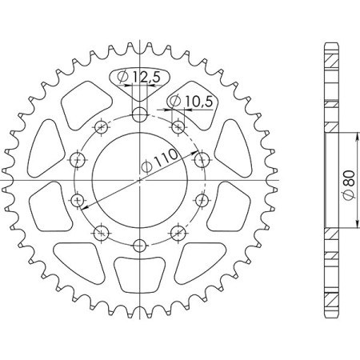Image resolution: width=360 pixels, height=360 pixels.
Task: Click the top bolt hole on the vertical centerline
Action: [x=139, y=114]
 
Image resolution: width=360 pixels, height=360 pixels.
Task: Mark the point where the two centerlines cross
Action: [x=139, y=180]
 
